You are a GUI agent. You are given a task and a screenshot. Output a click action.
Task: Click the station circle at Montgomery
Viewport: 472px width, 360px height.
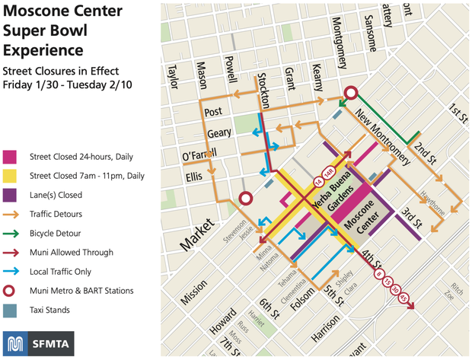tap(351, 94)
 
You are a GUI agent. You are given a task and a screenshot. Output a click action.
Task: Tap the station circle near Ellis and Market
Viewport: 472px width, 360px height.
tap(245, 199)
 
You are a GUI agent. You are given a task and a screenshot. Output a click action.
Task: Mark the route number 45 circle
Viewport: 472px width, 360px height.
tap(403, 298)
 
